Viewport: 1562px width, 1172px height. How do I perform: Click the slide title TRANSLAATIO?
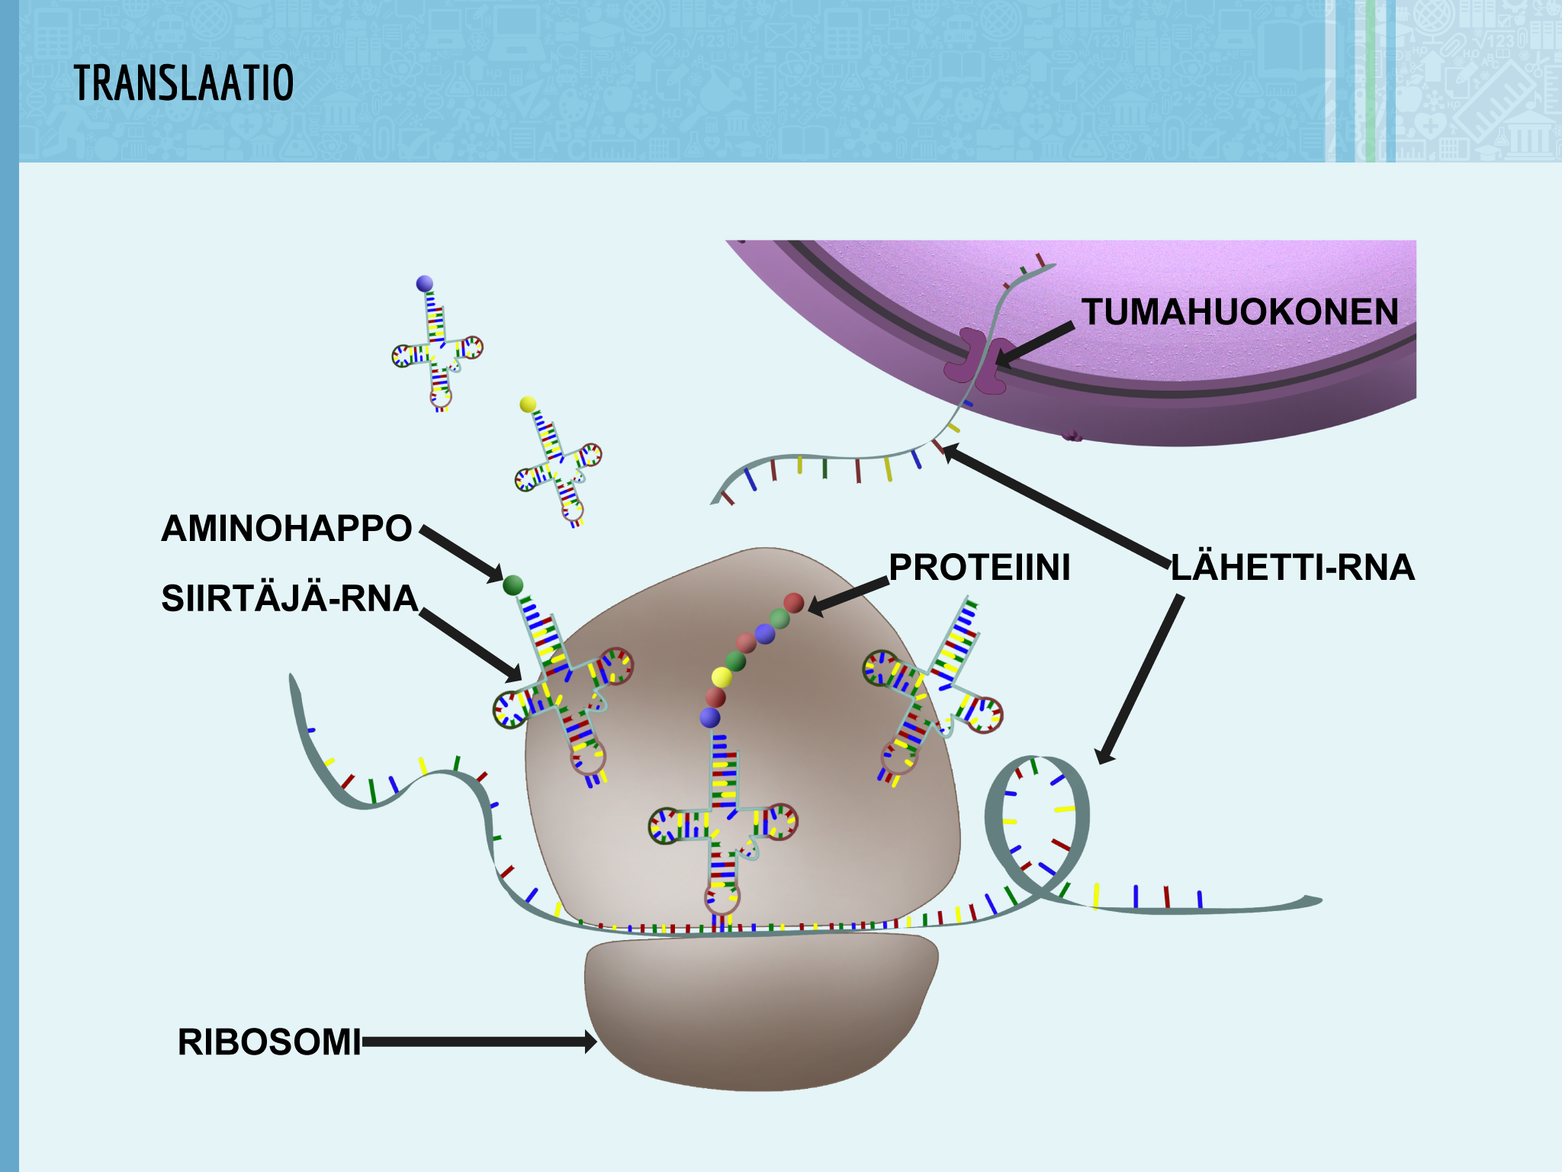point(184,83)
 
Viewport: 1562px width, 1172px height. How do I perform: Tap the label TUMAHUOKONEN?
point(1240,312)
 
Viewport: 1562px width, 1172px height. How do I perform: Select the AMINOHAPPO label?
point(286,528)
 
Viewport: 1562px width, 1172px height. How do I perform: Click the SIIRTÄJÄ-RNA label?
point(290,598)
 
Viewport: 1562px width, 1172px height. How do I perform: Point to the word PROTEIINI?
point(979,568)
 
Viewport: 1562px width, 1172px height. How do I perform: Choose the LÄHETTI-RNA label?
point(1292,568)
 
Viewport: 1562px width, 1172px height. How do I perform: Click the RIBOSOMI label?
point(269,1042)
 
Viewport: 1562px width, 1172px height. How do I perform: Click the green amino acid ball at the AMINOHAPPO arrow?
point(513,585)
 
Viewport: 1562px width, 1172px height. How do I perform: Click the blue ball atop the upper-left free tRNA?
point(425,284)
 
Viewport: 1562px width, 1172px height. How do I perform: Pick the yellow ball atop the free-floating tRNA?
point(528,404)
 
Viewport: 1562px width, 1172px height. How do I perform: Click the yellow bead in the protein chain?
point(722,677)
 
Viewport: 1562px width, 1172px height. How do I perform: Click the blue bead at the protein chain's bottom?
point(710,717)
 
